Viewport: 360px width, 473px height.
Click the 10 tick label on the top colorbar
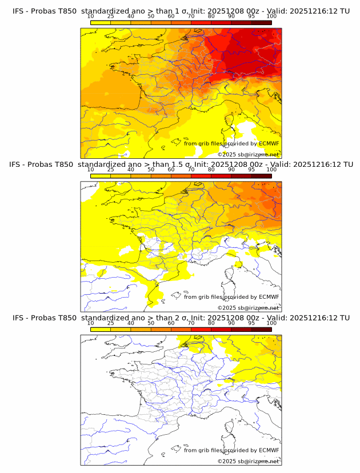click(x=91, y=16)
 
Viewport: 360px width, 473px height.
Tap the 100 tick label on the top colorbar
click(x=271, y=16)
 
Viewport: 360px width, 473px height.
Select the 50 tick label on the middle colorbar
click(x=151, y=170)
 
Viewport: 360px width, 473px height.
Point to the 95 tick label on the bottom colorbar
click(x=251, y=323)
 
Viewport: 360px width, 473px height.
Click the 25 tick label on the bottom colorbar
click(x=111, y=323)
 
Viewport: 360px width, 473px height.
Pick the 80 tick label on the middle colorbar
click(x=211, y=170)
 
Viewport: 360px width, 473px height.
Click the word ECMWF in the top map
click(x=269, y=143)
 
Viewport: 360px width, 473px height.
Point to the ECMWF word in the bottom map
click(x=269, y=450)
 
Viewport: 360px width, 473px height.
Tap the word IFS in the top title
click(x=19, y=10)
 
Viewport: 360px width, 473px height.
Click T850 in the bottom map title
click(x=67, y=318)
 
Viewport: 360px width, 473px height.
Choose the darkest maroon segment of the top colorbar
click(x=261, y=22)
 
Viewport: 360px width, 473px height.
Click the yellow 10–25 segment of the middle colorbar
click(x=101, y=175)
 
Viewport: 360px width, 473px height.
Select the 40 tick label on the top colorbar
click(x=131, y=16)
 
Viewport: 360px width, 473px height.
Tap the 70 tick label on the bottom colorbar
click(x=191, y=323)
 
